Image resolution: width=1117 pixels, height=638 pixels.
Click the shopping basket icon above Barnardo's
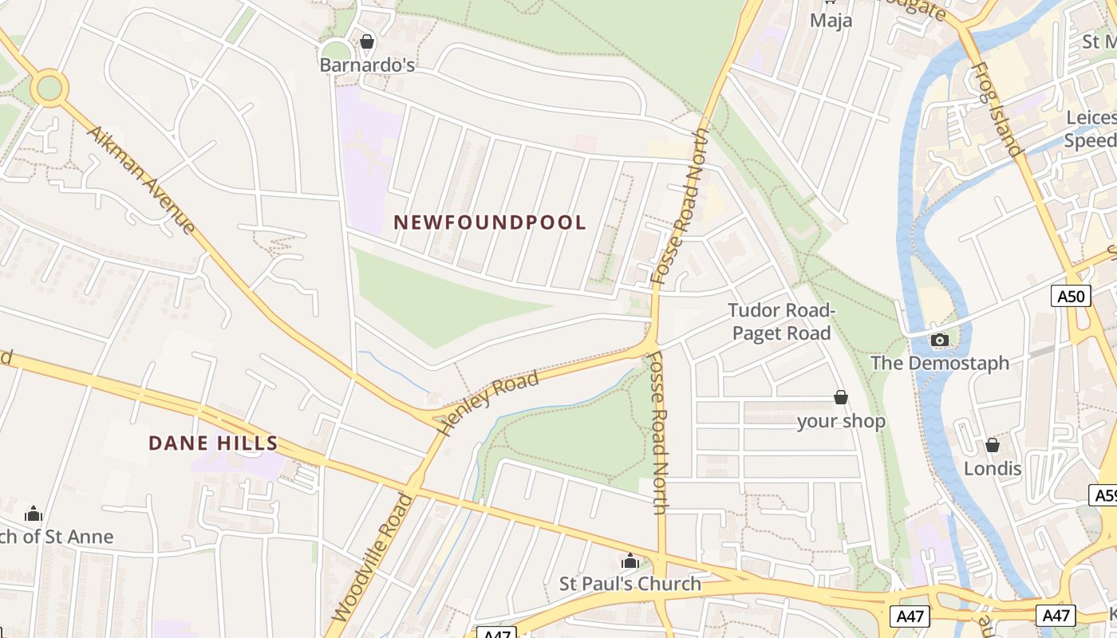coord(367,41)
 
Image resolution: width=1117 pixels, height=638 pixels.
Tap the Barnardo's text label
coord(367,65)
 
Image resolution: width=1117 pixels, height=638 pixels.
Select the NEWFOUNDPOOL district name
coord(490,223)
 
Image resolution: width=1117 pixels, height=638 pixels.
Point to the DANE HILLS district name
coord(213,443)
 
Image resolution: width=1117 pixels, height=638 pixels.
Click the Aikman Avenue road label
coord(140,179)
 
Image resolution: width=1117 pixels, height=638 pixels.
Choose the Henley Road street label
coord(488,403)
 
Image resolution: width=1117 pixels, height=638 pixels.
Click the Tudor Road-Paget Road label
coord(781,321)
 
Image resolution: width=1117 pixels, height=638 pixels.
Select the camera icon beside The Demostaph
coord(940,341)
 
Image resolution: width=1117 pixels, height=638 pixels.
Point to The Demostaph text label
coord(940,364)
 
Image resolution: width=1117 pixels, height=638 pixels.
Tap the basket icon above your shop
coord(840,397)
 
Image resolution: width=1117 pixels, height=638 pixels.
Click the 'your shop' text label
coord(841,421)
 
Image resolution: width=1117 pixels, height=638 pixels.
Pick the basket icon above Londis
coord(993,445)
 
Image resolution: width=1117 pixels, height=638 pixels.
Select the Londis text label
coord(993,468)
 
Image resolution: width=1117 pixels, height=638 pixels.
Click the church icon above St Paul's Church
coord(630,561)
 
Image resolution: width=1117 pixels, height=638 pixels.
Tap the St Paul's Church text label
coord(630,584)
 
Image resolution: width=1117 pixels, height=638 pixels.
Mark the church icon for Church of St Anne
coord(34,514)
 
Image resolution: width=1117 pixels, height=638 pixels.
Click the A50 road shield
coord(1071,297)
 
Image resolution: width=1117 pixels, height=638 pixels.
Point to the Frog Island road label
coord(997,109)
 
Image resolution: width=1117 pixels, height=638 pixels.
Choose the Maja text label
coord(831,20)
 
